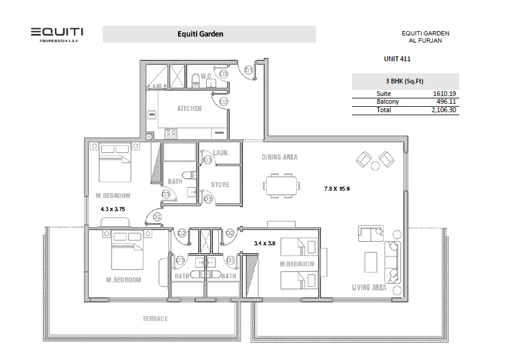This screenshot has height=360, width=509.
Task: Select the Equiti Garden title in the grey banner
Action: click(200, 34)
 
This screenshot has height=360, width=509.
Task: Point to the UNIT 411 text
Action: click(397, 59)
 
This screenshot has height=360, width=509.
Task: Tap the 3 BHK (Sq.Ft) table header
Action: click(405, 81)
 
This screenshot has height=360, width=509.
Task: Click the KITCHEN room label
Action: click(189, 109)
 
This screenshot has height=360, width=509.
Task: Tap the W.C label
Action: click(206, 76)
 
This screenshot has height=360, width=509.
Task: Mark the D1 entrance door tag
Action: click(248, 70)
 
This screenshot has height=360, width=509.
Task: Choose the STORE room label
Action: click(220, 184)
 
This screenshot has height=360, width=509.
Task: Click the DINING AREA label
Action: click(279, 157)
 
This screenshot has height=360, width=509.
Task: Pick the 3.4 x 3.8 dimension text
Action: click(264, 243)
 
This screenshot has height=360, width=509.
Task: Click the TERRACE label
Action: click(155, 319)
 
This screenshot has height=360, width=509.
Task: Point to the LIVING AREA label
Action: click(369, 287)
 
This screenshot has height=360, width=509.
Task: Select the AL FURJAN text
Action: click(425, 41)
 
